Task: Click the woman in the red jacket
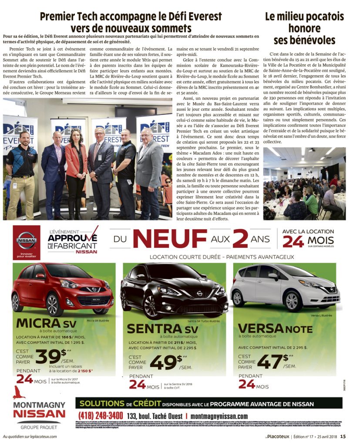(76, 170)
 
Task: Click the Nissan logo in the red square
(26, 240)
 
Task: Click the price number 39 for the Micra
(48, 357)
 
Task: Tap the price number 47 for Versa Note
(270, 361)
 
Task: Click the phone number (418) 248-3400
(101, 416)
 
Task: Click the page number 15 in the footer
(343, 436)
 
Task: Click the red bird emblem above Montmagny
(19, 392)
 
